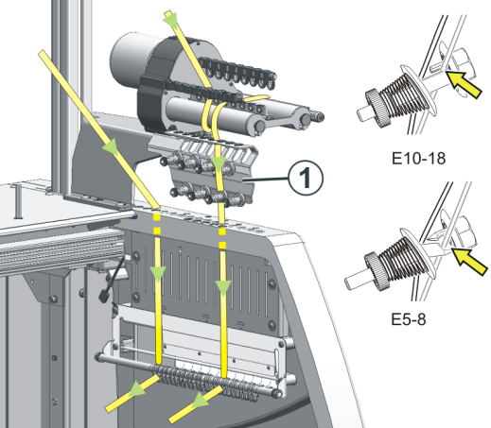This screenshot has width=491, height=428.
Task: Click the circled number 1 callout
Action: coord(306,178)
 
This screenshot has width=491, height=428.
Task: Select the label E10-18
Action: coord(418,159)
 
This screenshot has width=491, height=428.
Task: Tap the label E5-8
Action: coord(409,319)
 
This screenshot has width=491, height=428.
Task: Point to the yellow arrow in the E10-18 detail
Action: coord(465,84)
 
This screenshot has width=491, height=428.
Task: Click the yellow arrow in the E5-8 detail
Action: coord(470,262)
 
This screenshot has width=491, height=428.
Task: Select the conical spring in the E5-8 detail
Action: coord(398,258)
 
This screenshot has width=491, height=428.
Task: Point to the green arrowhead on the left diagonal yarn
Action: coord(112,146)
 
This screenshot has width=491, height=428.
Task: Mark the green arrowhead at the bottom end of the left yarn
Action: coord(137,388)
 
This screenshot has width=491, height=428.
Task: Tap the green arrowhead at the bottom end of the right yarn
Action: coord(201,400)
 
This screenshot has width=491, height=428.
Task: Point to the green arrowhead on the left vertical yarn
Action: coord(158,274)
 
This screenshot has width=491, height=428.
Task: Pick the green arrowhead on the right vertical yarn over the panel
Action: coord(223,288)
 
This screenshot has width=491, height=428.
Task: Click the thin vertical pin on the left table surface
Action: coord(18,201)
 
